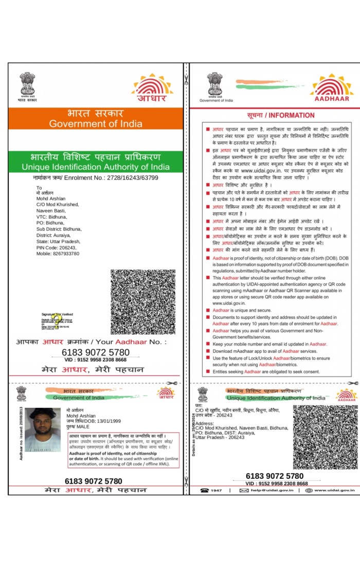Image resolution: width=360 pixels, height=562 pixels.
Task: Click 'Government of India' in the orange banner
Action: pos(96,124)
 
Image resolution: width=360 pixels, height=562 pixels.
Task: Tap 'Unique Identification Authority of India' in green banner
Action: pos(96,167)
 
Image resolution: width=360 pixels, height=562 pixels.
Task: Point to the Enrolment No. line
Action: pos(96,178)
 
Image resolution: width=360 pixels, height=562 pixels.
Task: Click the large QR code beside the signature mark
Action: pos(142,302)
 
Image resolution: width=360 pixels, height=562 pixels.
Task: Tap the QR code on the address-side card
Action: pos(323,437)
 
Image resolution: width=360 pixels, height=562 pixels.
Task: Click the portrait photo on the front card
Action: pos(43,430)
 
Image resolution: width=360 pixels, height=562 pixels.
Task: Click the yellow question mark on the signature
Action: pos(58,323)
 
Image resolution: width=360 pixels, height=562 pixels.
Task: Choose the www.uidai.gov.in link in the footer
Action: pos(334,491)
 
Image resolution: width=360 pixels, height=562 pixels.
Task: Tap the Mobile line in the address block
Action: pos(58,253)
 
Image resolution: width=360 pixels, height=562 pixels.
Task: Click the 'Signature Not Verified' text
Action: pos(57,314)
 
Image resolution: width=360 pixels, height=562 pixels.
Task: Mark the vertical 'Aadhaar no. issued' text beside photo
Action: pos(21,432)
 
